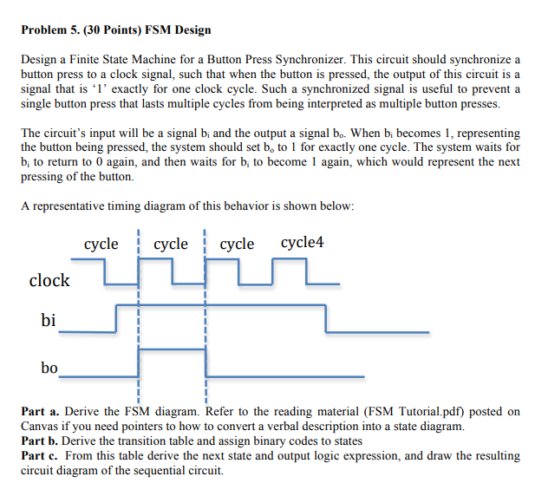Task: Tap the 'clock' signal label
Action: tap(49, 280)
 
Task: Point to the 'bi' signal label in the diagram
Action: tap(49, 321)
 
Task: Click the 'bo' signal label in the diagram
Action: tap(49, 368)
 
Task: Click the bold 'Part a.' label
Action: tap(41, 411)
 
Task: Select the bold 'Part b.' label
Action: tap(41, 441)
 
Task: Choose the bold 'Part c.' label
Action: tap(41, 455)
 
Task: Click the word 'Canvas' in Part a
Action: tap(40, 426)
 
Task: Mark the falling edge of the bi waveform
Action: tap(326, 318)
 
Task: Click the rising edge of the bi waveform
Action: tap(116, 318)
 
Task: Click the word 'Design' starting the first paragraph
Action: tap(39, 59)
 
